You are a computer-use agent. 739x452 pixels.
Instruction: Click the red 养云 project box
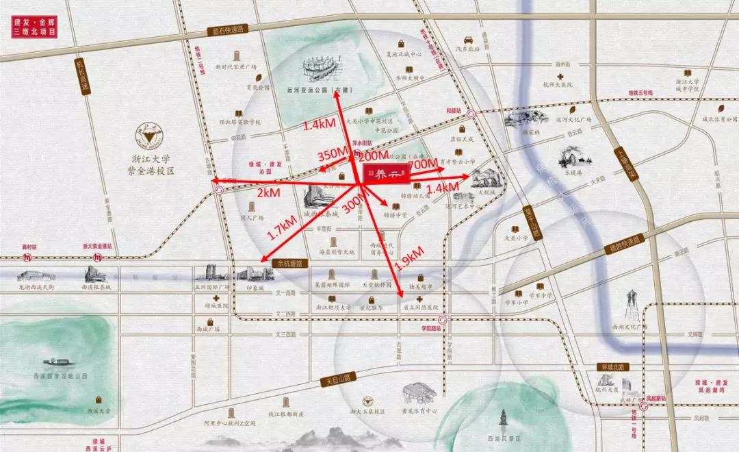pos(386,175)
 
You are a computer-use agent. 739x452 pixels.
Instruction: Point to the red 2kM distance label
pos(268,193)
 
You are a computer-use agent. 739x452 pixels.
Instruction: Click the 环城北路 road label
pos(610,367)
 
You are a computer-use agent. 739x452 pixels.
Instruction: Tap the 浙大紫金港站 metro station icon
pos(100,258)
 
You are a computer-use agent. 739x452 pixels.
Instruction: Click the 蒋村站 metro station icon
pos(27,258)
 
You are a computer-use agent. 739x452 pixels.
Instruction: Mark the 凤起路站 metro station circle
pos(644,405)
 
